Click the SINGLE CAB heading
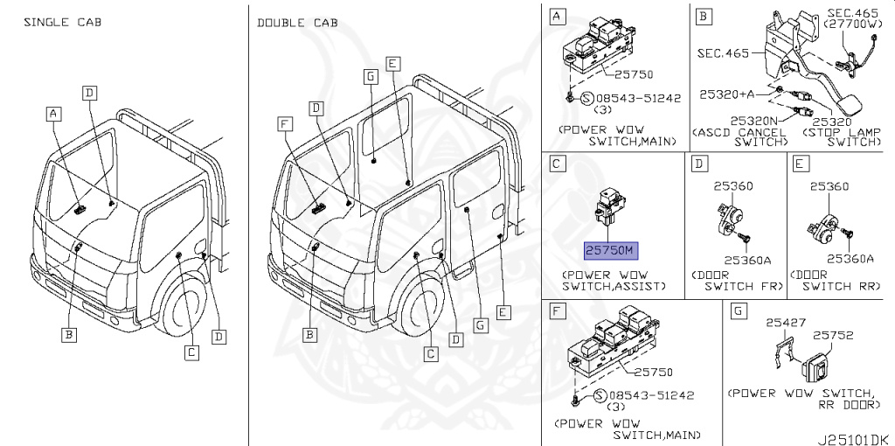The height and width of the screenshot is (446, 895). click(x=62, y=21)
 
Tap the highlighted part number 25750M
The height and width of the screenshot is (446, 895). click(x=612, y=251)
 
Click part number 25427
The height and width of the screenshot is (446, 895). click(x=781, y=323)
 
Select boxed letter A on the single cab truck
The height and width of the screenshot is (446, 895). click(x=54, y=114)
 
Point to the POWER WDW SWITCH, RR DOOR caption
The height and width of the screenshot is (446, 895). click(x=801, y=398)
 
